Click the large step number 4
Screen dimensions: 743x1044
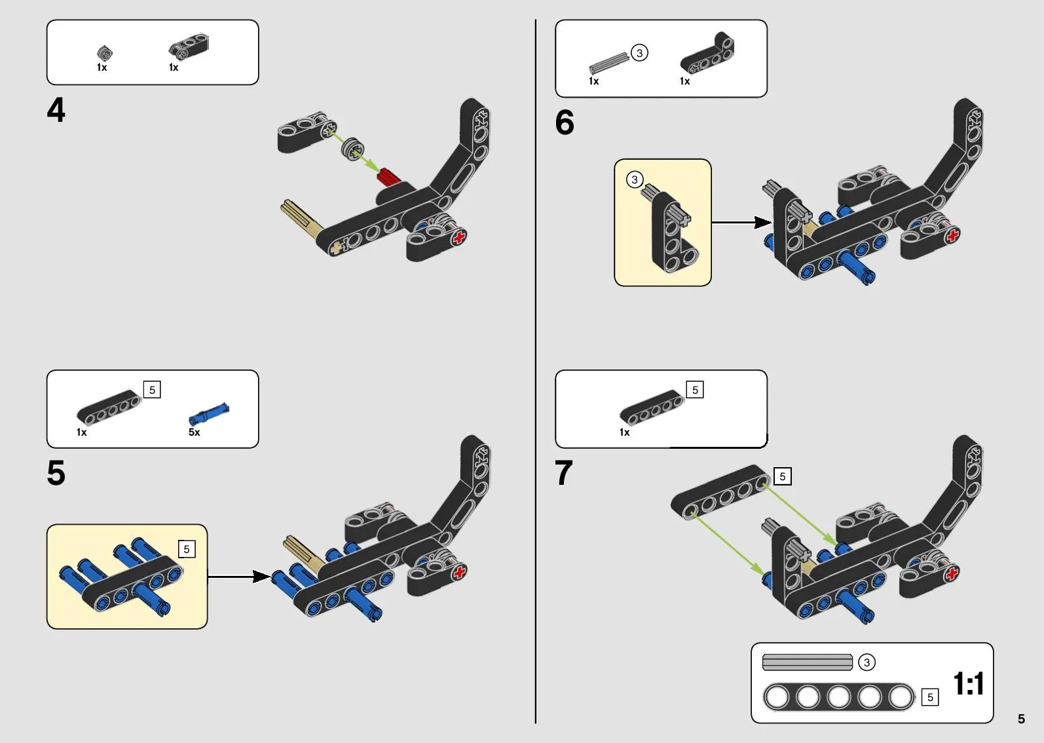[56, 109]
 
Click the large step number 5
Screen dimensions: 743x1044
[56, 472]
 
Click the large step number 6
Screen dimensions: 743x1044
[565, 123]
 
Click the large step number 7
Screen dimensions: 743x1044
[564, 472]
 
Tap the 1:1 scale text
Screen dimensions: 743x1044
[968, 684]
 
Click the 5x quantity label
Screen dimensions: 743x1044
[195, 432]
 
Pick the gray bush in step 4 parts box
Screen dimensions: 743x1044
[104, 52]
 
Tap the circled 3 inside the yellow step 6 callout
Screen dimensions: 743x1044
[634, 180]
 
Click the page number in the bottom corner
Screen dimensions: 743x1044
[1021, 719]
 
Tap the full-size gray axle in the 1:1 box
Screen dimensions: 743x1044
[807, 662]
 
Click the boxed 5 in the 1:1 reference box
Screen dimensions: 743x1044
[930, 697]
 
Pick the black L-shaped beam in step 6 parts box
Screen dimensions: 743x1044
[707, 54]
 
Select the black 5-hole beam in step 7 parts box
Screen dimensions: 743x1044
[652, 408]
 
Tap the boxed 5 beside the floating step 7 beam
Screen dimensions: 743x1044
[782, 476]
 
